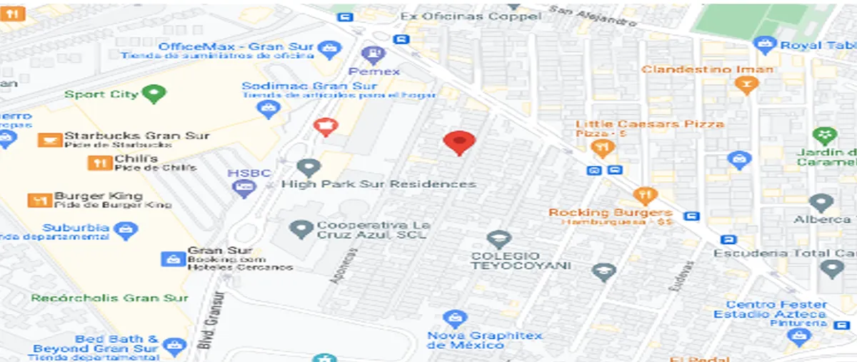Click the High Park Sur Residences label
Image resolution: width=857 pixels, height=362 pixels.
point(378,183)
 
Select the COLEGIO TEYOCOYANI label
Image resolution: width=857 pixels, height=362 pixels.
point(521,261)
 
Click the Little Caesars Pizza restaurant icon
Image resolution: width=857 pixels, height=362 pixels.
point(603,148)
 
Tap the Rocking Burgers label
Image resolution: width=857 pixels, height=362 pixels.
point(610,212)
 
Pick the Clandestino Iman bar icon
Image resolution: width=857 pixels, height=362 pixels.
point(746,86)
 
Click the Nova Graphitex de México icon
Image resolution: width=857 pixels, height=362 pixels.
point(454,318)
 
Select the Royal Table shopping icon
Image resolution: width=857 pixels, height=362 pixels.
point(765,45)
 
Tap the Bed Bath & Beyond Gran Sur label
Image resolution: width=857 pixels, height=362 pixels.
point(96,343)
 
